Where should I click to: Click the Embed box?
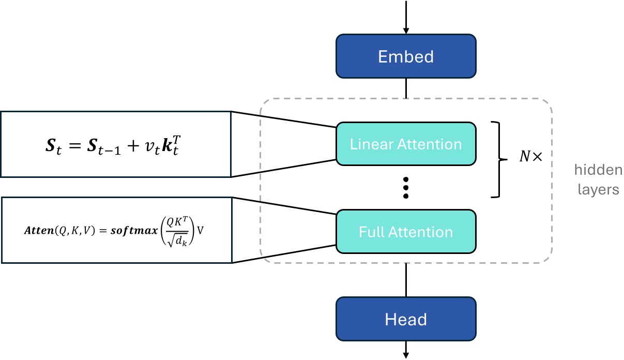tap(406, 56)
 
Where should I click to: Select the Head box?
tap(406, 319)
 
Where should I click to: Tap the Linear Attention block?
tap(406, 144)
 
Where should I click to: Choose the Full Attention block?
tap(406, 232)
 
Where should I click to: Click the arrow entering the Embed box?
tap(406, 18)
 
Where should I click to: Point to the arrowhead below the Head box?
tap(406, 354)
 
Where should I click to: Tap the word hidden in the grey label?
tap(598, 170)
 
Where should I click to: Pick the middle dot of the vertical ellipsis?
tap(406, 187)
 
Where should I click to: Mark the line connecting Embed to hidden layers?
tap(406, 88)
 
